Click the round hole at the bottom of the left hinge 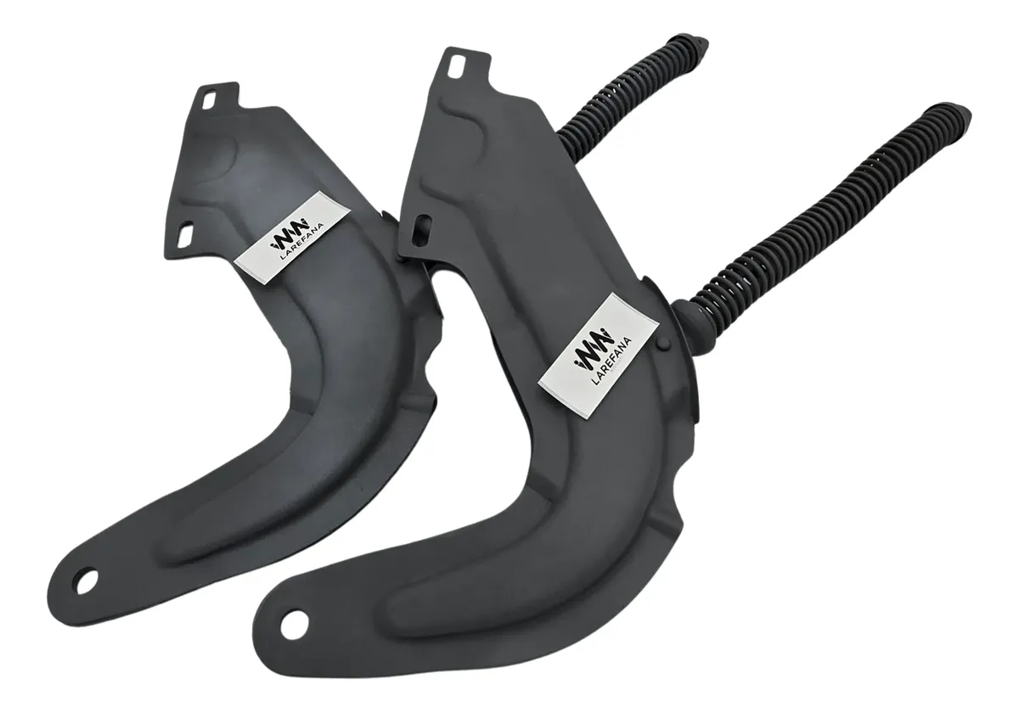point(87,581)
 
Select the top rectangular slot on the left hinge point(210,101)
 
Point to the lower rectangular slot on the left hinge point(186,234)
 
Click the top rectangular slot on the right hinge point(455,66)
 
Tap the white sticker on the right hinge point(600,356)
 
